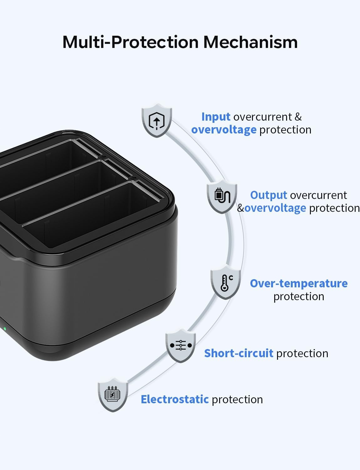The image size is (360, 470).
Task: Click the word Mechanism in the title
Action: [250, 42]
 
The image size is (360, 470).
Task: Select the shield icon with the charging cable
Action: [222, 196]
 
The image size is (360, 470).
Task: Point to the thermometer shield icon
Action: [226, 282]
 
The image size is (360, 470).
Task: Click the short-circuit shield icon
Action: [181, 346]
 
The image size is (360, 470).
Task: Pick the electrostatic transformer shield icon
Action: [113, 394]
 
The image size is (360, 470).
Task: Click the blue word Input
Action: [216, 117]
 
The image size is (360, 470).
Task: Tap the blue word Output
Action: [269, 195]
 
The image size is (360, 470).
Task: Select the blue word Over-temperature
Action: [299, 284]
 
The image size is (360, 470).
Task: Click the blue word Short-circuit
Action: [239, 353]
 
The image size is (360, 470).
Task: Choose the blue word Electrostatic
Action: [175, 399]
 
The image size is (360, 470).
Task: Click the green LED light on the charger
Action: [4, 329]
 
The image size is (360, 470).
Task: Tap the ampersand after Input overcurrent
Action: [298, 117]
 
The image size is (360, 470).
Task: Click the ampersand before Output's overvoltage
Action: [240, 208]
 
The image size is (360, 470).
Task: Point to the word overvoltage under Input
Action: [224, 130]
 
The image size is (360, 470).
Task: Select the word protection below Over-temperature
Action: [299, 296]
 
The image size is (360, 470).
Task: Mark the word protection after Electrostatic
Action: [237, 399]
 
